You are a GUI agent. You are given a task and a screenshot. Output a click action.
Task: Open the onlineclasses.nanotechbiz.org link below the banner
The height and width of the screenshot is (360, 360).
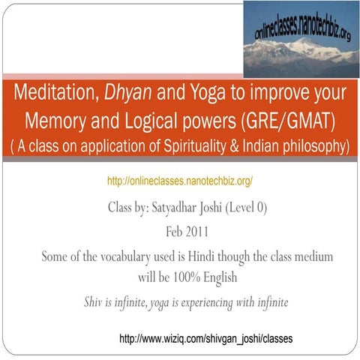point(179,181)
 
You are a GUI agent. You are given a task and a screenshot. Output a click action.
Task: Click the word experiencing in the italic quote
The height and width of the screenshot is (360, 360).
point(214,301)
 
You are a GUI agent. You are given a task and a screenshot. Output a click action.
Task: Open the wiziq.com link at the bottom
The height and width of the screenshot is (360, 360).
point(205,340)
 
